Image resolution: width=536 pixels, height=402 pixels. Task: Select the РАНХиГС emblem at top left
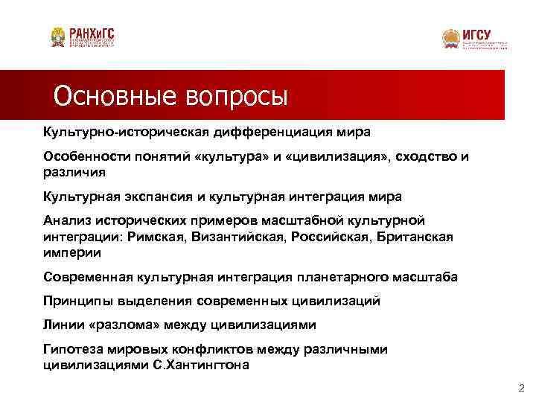(x=57, y=36)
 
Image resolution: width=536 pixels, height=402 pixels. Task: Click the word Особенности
(x=80, y=157)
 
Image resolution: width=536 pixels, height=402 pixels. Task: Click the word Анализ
(x=66, y=221)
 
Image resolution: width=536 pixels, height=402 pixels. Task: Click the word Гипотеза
(x=74, y=349)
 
